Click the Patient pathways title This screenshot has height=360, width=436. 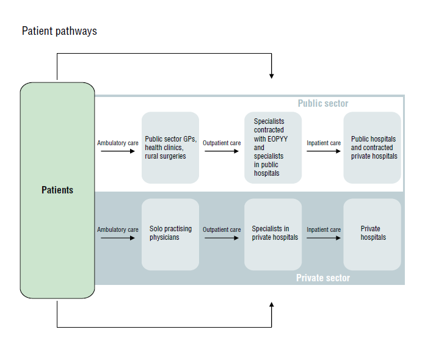[x=59, y=31]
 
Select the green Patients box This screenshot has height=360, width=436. [x=57, y=190]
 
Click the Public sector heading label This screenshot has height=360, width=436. [x=322, y=104]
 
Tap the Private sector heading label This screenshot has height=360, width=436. [x=323, y=278]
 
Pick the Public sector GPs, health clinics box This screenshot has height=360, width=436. [x=170, y=148]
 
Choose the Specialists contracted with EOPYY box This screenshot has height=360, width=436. [x=273, y=148]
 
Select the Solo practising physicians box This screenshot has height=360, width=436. [x=170, y=234]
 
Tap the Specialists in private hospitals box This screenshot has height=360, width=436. [x=273, y=234]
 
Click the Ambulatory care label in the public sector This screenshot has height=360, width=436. [x=118, y=143]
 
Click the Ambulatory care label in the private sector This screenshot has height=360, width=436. [x=118, y=230]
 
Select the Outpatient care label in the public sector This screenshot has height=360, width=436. [x=222, y=143]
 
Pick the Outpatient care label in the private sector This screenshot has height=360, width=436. [x=222, y=230]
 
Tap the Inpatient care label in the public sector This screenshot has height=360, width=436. [x=324, y=143]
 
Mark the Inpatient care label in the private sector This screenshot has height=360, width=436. [x=324, y=230]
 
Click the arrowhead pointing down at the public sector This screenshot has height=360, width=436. [x=271, y=75]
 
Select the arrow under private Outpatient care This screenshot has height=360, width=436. [x=222, y=238]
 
